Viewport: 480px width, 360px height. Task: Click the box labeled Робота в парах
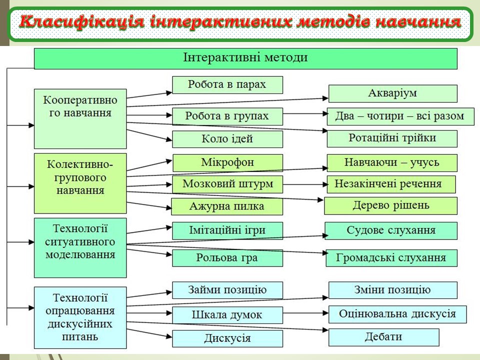click(227, 85)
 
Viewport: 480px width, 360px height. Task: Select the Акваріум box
click(392, 93)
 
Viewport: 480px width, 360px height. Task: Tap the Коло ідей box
click(227, 139)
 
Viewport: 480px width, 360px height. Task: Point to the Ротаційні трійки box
click(392, 138)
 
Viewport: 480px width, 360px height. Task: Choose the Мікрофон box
click(227, 163)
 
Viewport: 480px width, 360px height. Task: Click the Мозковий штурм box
click(227, 184)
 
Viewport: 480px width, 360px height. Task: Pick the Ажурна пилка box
click(227, 206)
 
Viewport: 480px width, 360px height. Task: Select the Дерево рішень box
click(391, 205)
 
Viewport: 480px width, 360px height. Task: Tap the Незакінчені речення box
click(391, 184)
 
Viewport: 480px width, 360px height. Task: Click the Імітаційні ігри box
click(227, 230)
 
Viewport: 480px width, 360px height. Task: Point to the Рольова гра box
click(227, 258)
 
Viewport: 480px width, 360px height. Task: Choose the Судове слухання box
click(391, 230)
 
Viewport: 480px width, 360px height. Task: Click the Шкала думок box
click(227, 315)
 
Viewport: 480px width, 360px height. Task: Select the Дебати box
click(383, 337)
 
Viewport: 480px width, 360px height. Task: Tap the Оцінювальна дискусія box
click(397, 314)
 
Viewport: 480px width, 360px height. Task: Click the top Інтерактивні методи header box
click(245, 58)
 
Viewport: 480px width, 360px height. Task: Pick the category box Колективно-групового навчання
click(80, 183)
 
